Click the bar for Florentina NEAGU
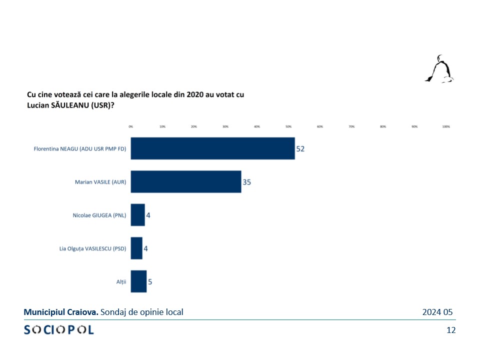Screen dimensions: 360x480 212,148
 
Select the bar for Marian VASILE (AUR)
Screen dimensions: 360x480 186,182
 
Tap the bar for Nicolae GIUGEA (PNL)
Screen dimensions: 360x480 137,215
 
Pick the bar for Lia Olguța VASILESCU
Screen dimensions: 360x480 136,248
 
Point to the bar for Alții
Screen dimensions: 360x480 138,281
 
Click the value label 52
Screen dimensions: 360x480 300,149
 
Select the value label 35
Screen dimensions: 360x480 246,182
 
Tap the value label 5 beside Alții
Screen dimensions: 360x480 150,282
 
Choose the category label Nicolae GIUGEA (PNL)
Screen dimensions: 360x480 99,215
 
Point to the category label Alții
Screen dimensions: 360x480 121,282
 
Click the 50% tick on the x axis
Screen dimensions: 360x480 288,127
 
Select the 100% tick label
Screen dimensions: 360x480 446,127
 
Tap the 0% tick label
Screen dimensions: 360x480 131,127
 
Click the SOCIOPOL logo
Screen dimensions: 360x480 58,330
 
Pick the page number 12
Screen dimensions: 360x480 451,330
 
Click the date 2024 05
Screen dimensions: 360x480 437,312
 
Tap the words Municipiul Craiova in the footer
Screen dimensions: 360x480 61,312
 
